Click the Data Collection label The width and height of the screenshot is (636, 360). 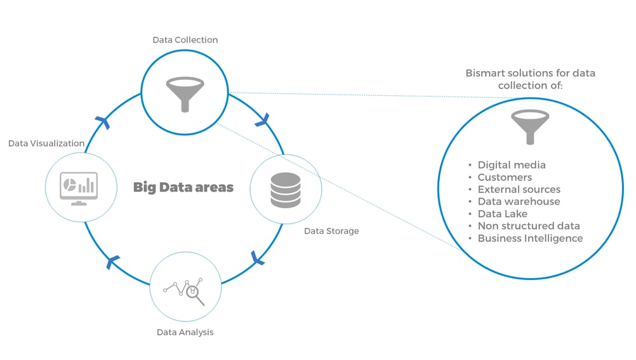(x=185, y=40)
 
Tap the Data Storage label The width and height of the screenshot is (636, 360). (x=331, y=231)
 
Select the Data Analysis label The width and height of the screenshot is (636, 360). (x=185, y=332)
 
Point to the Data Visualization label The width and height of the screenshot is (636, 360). (x=46, y=143)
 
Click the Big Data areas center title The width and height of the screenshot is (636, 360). (x=183, y=187)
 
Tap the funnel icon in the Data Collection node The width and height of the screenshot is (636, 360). (x=185, y=93)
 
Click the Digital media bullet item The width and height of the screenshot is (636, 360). (x=511, y=165)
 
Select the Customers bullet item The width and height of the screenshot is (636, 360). (x=505, y=177)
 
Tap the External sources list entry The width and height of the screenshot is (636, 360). (x=519, y=189)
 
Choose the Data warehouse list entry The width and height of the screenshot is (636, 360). (x=519, y=201)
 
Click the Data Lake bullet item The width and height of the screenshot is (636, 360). (x=502, y=214)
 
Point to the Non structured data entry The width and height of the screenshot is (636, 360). (x=528, y=226)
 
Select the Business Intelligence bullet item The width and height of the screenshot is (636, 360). (x=530, y=239)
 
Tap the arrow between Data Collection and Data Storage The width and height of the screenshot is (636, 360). (x=262, y=119)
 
